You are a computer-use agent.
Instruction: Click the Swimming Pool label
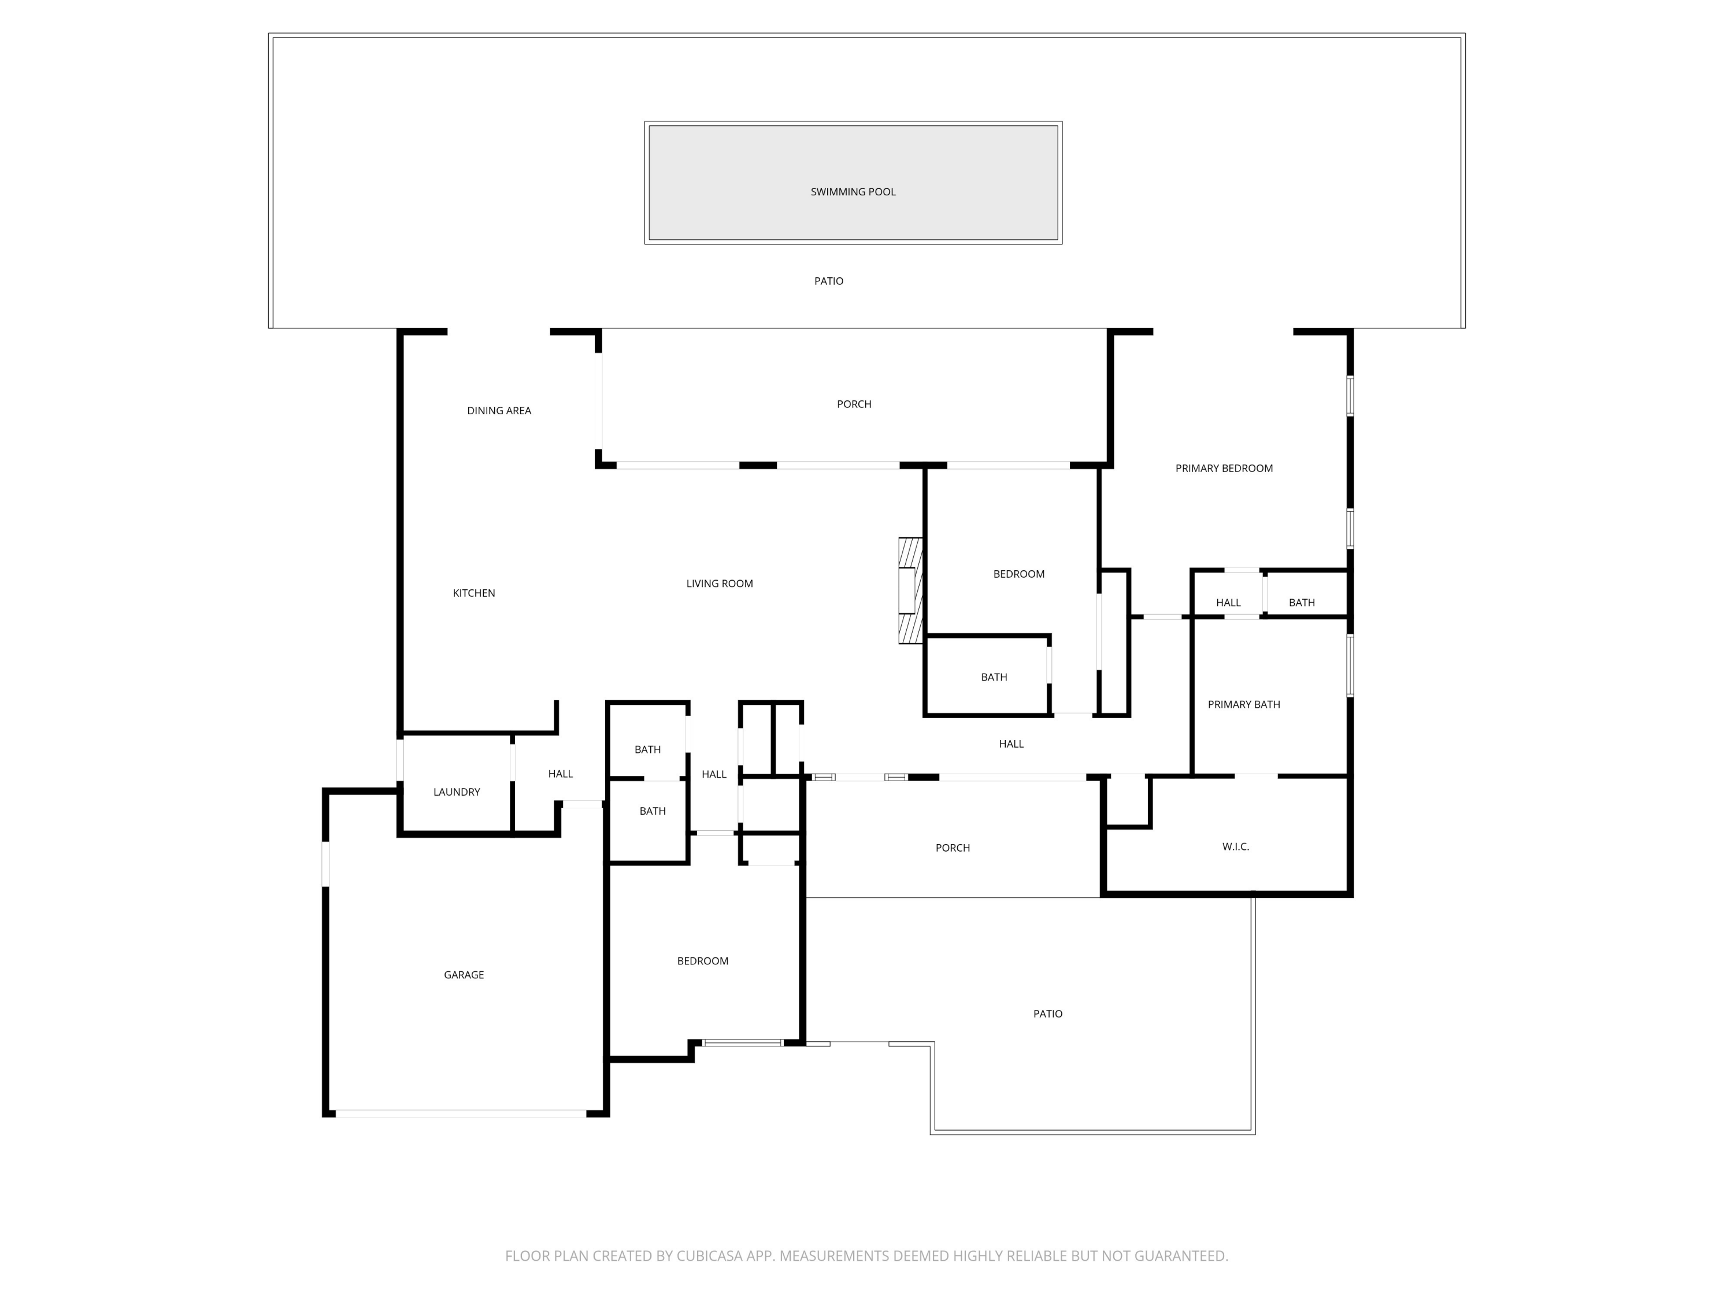click(853, 192)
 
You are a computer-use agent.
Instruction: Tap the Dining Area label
click(499, 411)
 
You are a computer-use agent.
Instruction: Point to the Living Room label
click(719, 584)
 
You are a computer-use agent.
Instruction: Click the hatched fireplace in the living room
click(910, 591)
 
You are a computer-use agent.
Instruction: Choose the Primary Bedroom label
click(1223, 469)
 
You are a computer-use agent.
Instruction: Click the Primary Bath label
click(1243, 704)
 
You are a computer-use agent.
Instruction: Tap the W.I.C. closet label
click(1235, 846)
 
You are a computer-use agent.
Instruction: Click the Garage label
click(464, 975)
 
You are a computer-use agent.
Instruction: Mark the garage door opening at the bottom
click(461, 1113)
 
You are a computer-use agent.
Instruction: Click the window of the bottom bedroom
click(742, 1042)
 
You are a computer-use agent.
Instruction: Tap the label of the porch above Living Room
click(854, 404)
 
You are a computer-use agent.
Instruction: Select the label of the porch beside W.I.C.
click(953, 848)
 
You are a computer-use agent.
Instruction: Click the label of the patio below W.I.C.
click(1047, 1014)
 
